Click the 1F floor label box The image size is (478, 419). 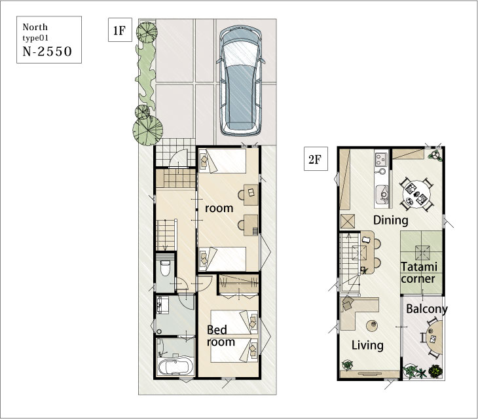(x=120, y=30)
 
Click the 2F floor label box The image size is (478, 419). (x=316, y=159)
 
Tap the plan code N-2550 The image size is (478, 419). (x=47, y=52)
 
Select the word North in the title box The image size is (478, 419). (x=35, y=27)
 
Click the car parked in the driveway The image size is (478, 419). (x=241, y=81)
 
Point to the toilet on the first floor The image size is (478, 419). (x=165, y=268)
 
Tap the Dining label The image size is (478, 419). (x=390, y=220)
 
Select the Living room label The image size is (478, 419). (x=367, y=346)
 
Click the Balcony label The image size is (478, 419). (x=427, y=309)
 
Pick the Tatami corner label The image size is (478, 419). (x=419, y=273)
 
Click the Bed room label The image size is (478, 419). (x=221, y=336)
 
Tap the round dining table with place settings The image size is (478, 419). (x=416, y=194)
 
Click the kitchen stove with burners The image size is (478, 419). (x=381, y=159)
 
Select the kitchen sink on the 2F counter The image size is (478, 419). (x=382, y=194)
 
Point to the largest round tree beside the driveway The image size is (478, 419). (x=147, y=130)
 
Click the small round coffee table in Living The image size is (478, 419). (x=372, y=326)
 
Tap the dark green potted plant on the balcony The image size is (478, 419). (x=435, y=371)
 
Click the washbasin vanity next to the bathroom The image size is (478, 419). (x=162, y=304)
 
